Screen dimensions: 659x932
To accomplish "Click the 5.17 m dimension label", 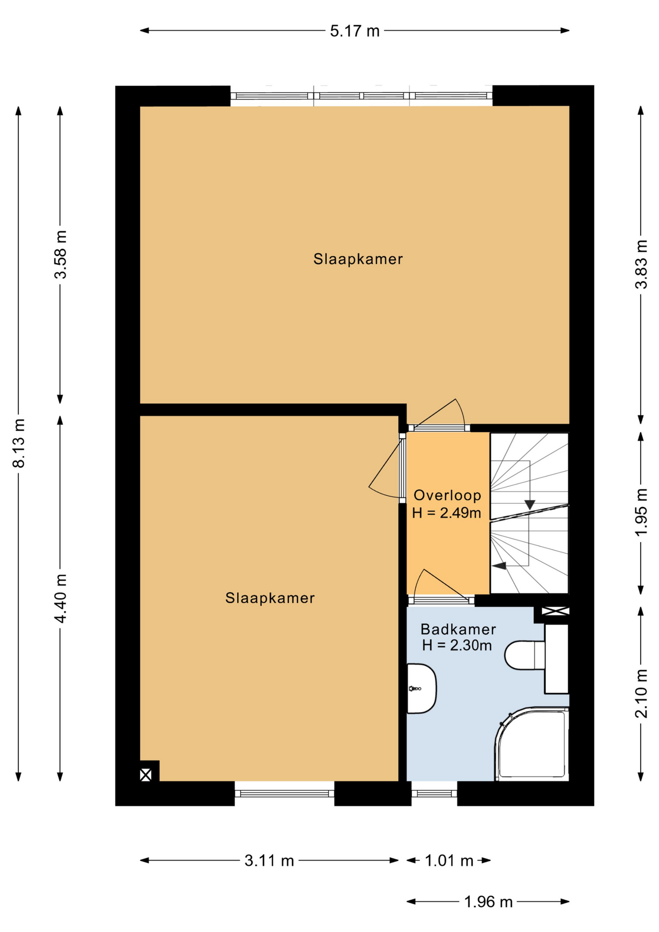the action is (354, 31).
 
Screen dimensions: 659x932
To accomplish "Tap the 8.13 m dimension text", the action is (18, 442).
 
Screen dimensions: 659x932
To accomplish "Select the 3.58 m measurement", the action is (60, 254).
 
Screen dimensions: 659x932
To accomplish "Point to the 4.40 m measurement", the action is (60, 598).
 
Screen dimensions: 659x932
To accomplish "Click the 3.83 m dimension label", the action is (641, 264).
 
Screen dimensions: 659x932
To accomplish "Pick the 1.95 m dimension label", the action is (641, 512).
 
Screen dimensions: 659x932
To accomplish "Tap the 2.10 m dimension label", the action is (641, 693).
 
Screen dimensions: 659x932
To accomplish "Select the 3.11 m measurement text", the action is (269, 861).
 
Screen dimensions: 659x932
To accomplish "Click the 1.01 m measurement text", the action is (449, 861).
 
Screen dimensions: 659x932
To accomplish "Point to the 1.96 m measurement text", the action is (488, 902).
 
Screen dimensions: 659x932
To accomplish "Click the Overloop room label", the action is (447, 495).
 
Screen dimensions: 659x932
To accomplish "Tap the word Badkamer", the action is (458, 629).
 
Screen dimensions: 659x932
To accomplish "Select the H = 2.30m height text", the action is (457, 645).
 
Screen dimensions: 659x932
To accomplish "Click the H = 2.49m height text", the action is (446, 513).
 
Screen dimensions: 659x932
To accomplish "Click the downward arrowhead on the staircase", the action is (529, 505).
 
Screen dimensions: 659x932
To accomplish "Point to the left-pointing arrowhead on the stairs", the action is (499, 566).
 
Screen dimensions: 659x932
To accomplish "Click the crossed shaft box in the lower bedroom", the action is (146, 775).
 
